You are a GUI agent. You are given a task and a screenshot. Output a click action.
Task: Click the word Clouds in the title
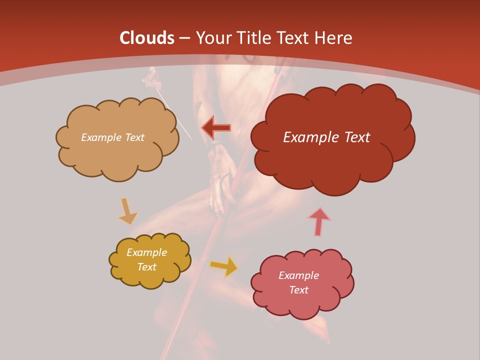pyautogui.click(x=147, y=38)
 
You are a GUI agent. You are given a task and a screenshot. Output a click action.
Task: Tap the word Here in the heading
pyautogui.click(x=333, y=38)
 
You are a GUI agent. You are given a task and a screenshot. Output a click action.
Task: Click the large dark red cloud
pyautogui.click(x=332, y=160)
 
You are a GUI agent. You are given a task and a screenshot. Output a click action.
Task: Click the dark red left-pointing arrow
pyautogui.click(x=216, y=127)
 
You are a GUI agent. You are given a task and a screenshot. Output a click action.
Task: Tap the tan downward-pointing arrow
pyautogui.click(x=127, y=211)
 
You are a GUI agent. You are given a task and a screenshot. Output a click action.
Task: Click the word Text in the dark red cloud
pyautogui.click(x=354, y=137)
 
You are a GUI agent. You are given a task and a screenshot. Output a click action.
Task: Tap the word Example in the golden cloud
pyautogui.click(x=146, y=252)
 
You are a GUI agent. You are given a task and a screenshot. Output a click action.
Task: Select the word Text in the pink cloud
pyautogui.click(x=298, y=290)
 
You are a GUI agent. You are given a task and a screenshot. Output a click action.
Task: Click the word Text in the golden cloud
pyautogui.click(x=146, y=267)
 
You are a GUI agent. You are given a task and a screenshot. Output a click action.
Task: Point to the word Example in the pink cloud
pyautogui.click(x=298, y=275)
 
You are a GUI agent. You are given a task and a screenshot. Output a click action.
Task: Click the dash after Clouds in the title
pyautogui.click(x=184, y=38)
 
